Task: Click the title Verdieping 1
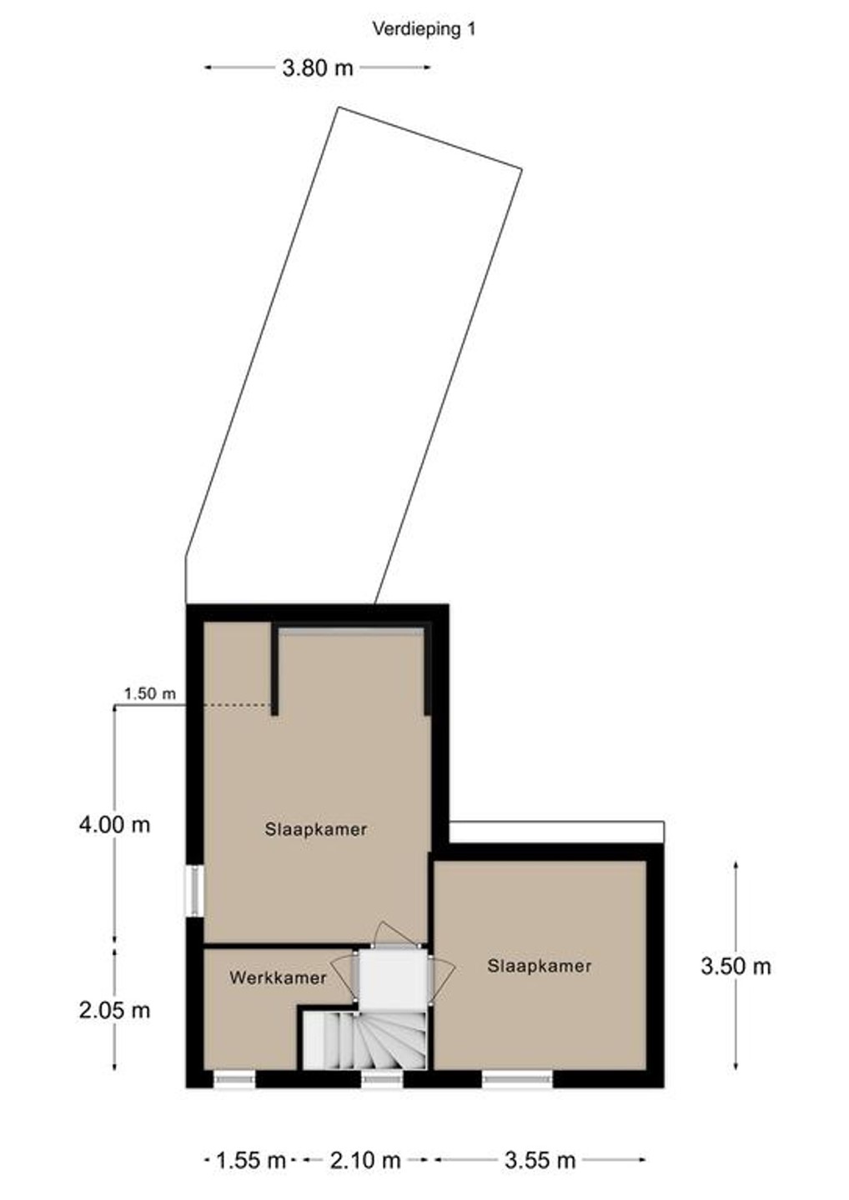coord(424,29)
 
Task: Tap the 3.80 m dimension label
coord(318,68)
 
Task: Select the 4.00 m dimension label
coord(114,824)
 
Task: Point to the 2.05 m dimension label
coord(114,1011)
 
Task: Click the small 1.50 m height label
coord(150,693)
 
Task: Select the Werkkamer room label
coord(278,977)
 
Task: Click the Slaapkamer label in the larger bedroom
coord(316,829)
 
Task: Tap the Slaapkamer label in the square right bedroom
coord(540,966)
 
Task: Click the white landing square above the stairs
coord(393,980)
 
